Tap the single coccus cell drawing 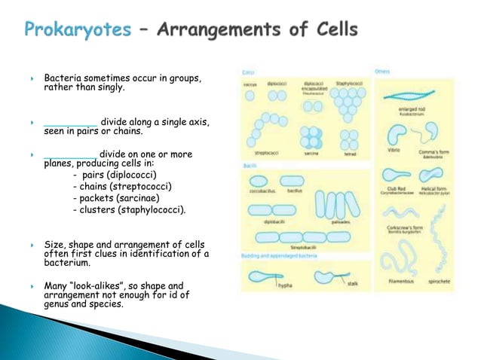[250, 96]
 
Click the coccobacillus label [260, 193]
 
